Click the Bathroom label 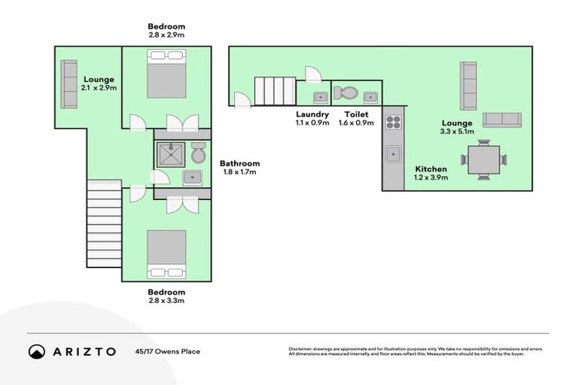(x=240, y=163)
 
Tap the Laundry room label (x=312, y=114)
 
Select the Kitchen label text (x=431, y=169)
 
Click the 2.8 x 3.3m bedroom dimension (x=166, y=301)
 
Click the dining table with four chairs (x=483, y=159)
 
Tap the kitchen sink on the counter (x=393, y=154)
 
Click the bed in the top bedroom (x=166, y=74)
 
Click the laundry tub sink (x=319, y=95)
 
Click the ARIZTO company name (x=84, y=351)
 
